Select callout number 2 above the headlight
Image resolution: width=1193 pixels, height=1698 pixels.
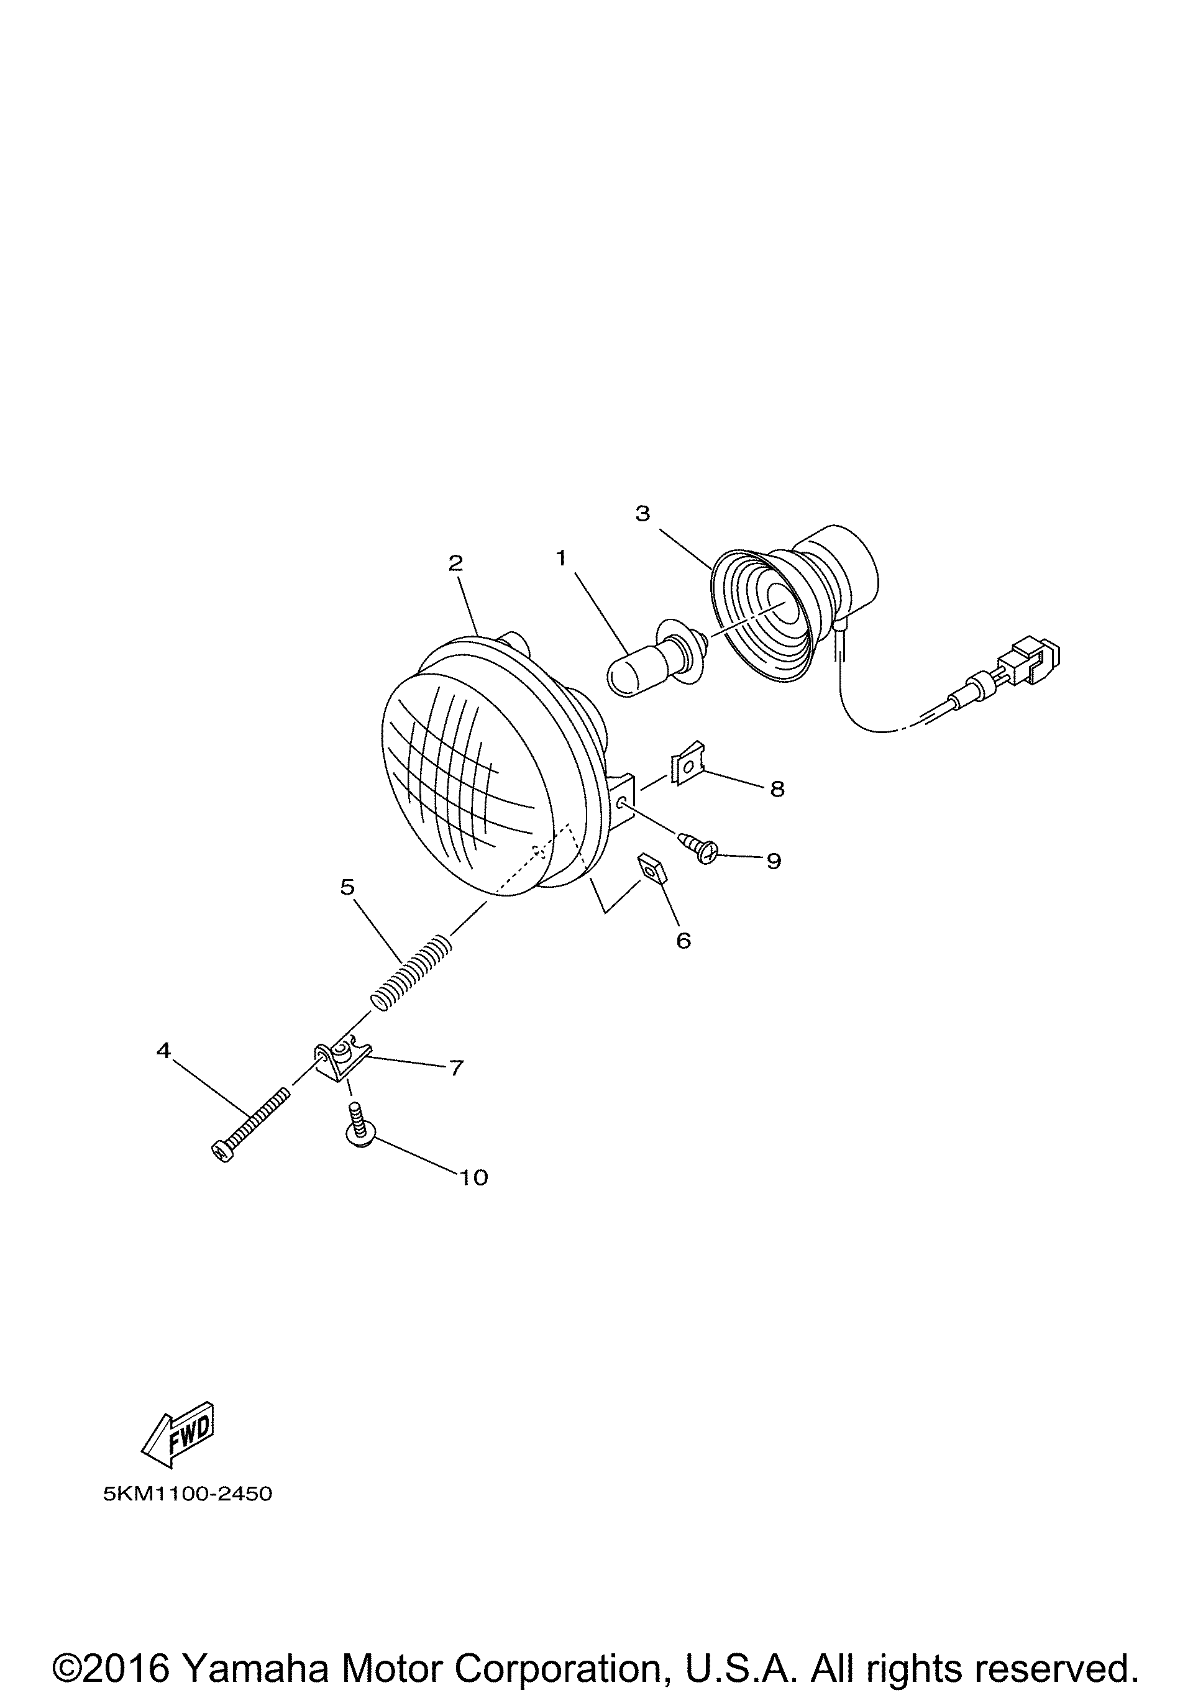[x=455, y=564]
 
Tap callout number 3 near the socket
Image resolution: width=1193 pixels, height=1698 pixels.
[x=642, y=513]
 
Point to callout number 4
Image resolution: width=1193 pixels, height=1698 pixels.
[x=163, y=1049]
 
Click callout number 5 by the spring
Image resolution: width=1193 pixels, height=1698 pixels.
[x=347, y=887]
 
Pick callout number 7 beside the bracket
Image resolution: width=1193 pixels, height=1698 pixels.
[x=456, y=1068]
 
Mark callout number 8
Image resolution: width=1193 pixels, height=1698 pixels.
[x=777, y=790]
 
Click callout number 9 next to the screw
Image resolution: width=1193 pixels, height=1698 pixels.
[x=774, y=861]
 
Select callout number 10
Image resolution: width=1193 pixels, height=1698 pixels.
[x=474, y=1177]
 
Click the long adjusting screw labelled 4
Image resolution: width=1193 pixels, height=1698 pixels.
[x=250, y=1126]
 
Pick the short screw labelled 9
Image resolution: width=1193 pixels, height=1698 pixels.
[x=697, y=847]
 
